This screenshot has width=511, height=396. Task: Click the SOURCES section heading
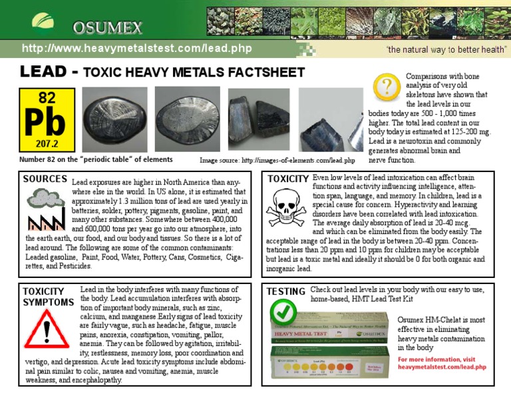(45, 179)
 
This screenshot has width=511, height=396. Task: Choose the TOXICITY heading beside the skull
(287, 179)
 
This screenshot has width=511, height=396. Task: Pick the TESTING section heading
(285, 292)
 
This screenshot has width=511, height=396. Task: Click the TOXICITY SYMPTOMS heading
(47, 297)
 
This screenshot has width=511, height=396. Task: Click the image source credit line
(277, 160)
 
